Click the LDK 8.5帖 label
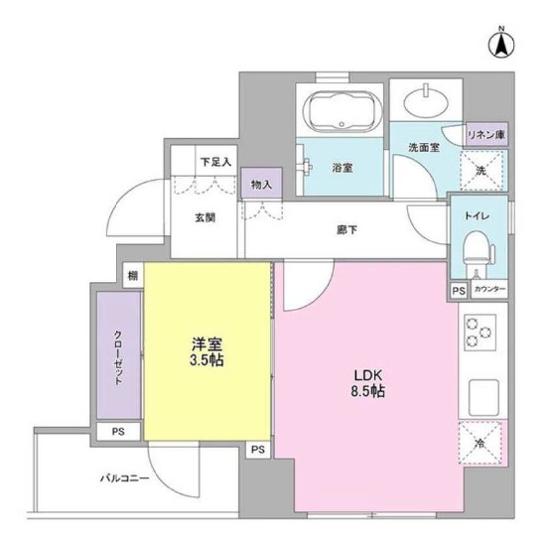click(x=368, y=383)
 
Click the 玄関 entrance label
click(x=206, y=217)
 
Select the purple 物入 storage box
click(x=261, y=184)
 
